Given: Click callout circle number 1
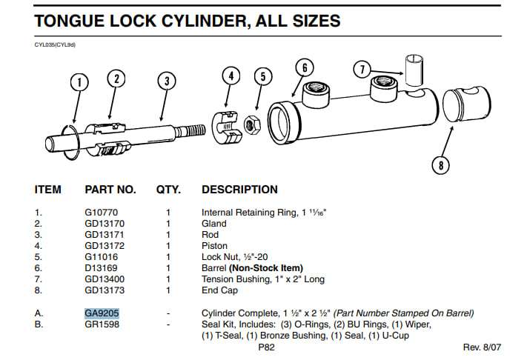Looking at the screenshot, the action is coord(79,82).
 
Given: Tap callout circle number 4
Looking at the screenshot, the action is coord(231,76).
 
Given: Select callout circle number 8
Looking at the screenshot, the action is coord(440,165).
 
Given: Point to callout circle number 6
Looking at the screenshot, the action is coord(305,67).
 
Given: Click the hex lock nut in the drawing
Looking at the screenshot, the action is coord(252,125).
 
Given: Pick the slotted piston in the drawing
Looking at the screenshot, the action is coord(227,127).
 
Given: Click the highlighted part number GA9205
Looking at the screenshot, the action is coord(102,313).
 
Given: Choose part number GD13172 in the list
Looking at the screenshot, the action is coord(105,246).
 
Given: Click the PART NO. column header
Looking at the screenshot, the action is coord(110,190).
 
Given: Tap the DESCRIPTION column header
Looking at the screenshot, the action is coord(239,190).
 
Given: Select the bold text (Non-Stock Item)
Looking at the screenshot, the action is coord(266,268).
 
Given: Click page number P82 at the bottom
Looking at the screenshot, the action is coord(267,347).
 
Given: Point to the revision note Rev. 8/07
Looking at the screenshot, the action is coord(482,347).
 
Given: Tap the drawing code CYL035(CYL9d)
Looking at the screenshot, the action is coord(55,44).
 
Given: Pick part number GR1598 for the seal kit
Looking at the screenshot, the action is coord(102,324).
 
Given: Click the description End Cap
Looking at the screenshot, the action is coord(219,290).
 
